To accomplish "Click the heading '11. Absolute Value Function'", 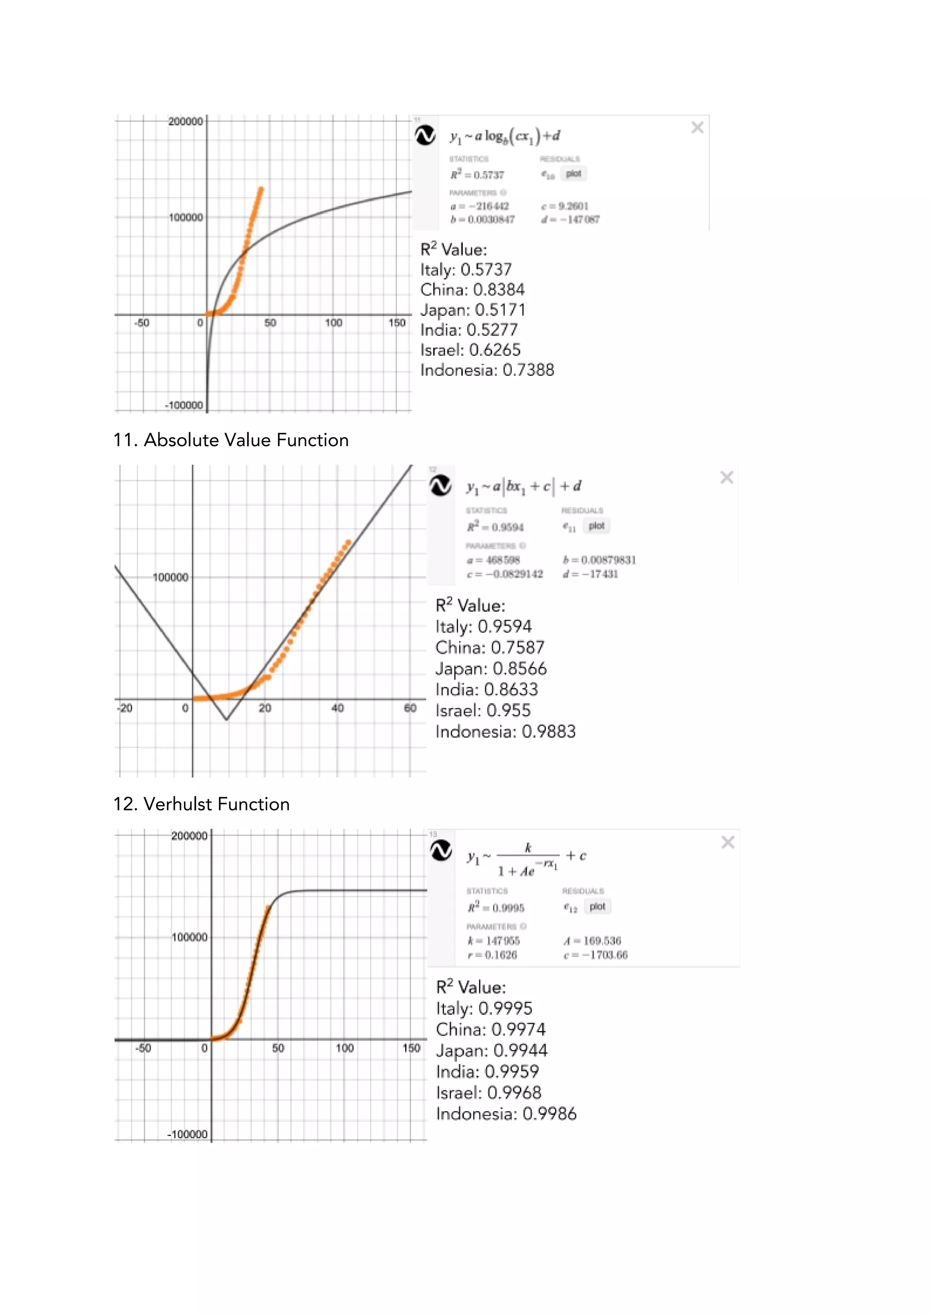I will (x=231, y=440).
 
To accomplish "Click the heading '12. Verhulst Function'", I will (x=201, y=804).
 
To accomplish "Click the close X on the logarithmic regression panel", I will (x=697, y=127).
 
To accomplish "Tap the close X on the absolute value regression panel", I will (x=727, y=477).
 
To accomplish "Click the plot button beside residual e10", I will (x=573, y=173).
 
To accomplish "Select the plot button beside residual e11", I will (x=597, y=526).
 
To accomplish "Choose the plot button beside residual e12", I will (x=597, y=906).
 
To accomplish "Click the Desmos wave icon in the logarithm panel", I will (x=425, y=136).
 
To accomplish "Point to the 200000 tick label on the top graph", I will (x=185, y=121).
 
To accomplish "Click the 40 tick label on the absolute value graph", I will (x=337, y=709).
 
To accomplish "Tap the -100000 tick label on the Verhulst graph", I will (x=187, y=1135).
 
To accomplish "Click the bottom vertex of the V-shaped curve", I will (x=227, y=720).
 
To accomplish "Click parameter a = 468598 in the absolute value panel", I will (x=493, y=560).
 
